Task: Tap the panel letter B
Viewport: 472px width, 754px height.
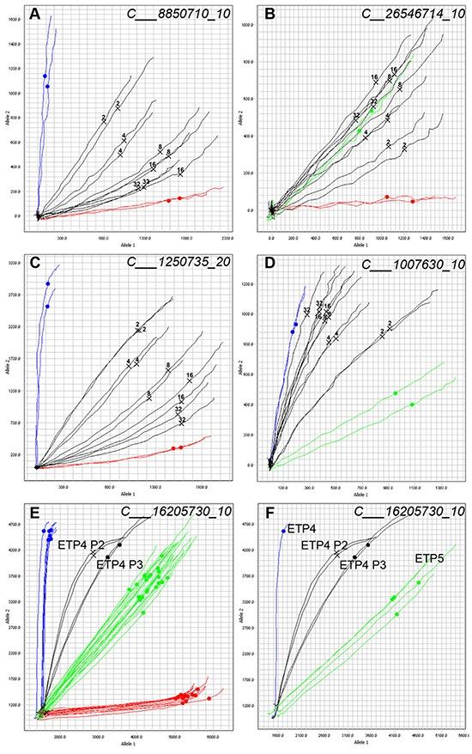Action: (x=269, y=15)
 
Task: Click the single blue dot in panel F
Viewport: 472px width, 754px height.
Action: (x=284, y=532)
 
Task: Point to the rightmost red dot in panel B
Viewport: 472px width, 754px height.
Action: (x=413, y=202)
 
